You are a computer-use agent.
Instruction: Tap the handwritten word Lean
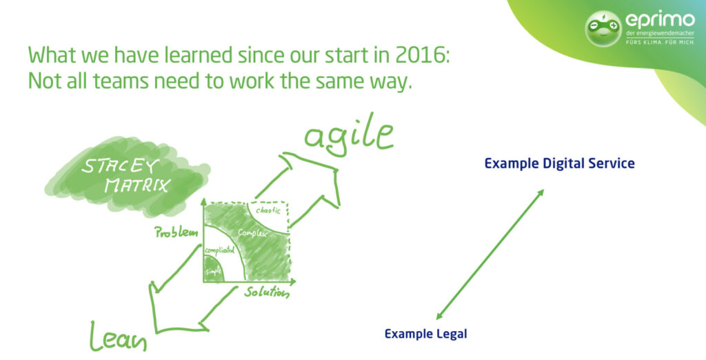point(119,336)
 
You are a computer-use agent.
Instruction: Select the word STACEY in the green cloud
point(120,166)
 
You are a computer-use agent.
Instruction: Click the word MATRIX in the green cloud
point(137,184)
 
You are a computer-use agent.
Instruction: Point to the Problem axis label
point(176,232)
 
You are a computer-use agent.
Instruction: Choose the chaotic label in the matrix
point(268,210)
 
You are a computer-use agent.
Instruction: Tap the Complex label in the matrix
point(252,233)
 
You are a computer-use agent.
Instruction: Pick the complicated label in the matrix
point(220,250)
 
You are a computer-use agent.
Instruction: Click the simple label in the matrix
point(214,271)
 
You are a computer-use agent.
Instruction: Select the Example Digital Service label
point(560,163)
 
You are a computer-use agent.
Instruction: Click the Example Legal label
point(425,334)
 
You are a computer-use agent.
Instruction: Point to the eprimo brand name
point(660,20)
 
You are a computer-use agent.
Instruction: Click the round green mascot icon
point(603,28)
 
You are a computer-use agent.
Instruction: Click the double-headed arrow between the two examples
point(490,254)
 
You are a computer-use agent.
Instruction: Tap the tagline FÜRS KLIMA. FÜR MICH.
point(660,42)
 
